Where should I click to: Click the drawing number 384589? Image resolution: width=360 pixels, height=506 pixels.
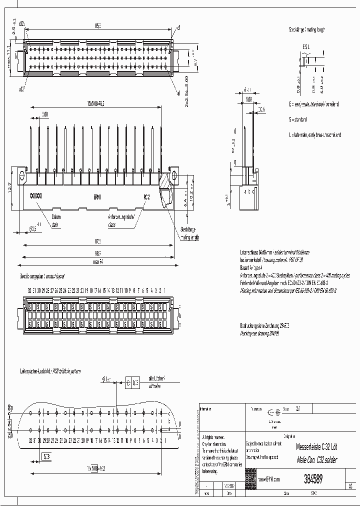pyautogui.click(x=312, y=478)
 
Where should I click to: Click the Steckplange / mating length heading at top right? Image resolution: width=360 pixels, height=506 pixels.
pyautogui.click(x=306, y=30)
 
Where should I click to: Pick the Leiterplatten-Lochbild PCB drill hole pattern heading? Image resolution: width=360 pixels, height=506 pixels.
pyautogui.click(x=49, y=371)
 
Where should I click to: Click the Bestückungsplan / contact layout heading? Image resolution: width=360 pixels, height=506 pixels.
pyautogui.click(x=42, y=276)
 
